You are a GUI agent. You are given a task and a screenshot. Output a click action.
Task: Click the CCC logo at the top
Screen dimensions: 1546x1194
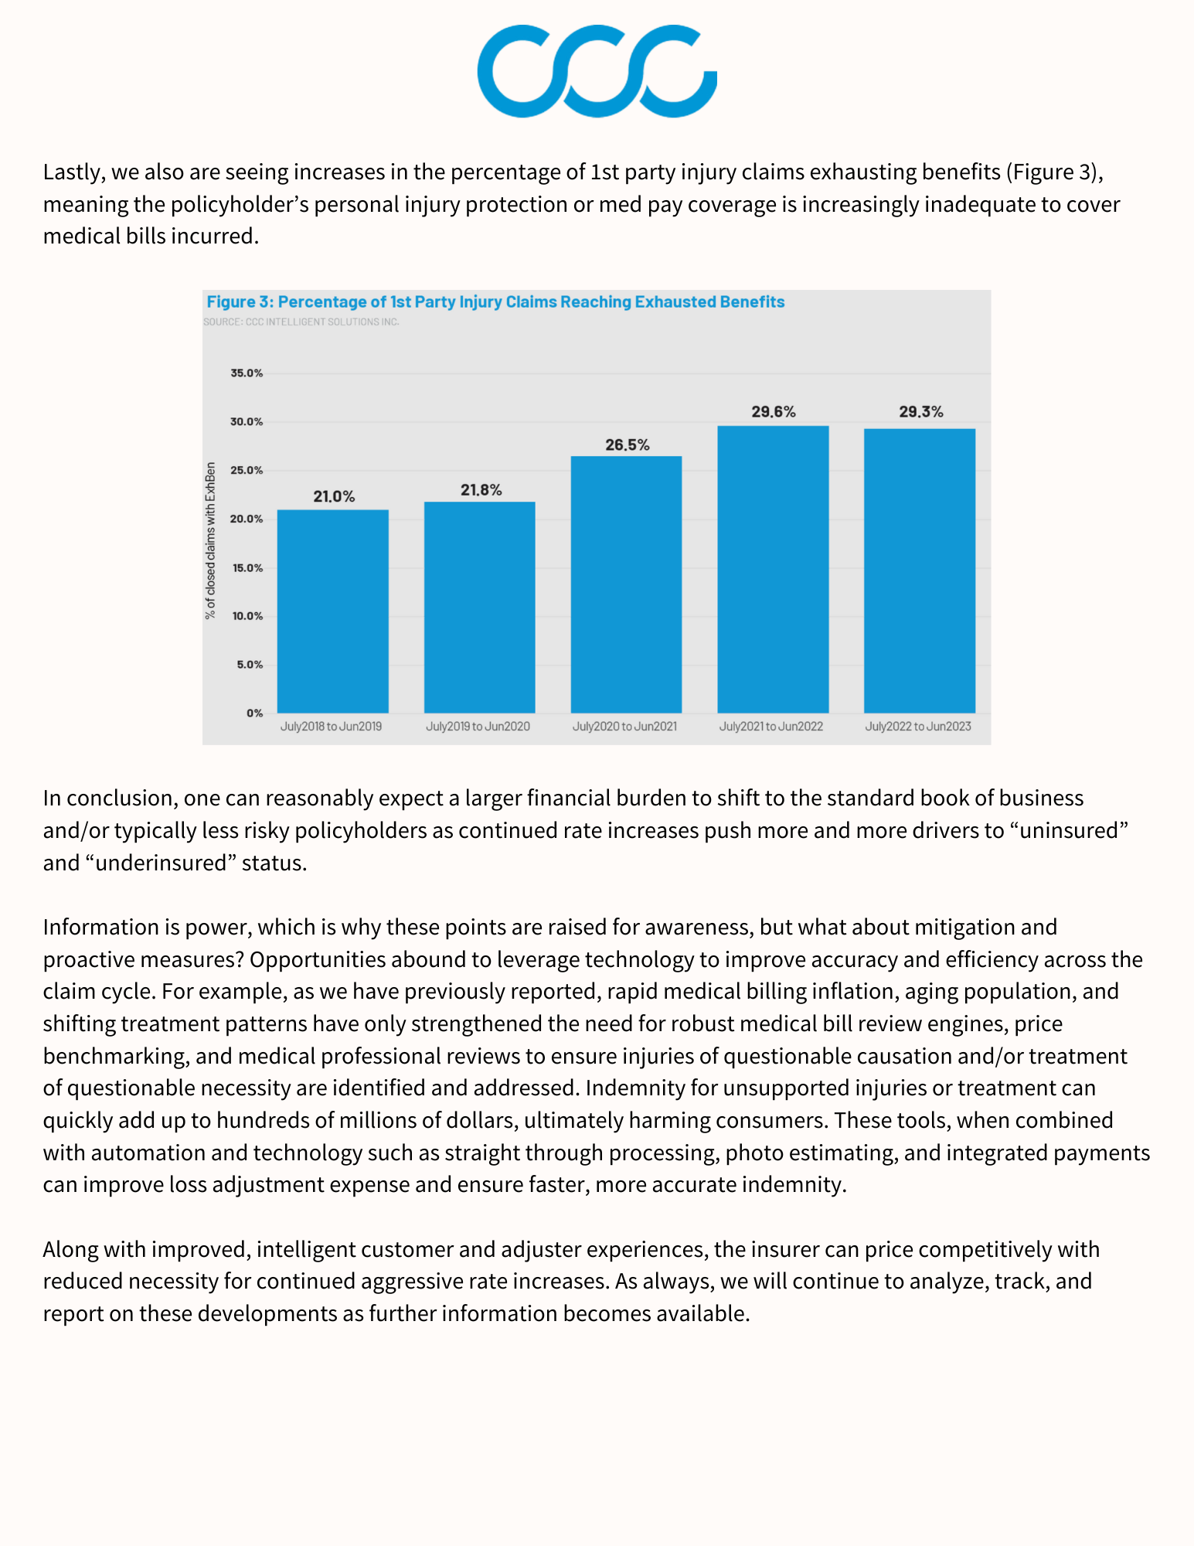point(597,71)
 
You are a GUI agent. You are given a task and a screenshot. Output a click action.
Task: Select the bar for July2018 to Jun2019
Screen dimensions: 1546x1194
point(332,611)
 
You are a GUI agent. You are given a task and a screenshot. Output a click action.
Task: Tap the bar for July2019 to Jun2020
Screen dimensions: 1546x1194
point(479,607)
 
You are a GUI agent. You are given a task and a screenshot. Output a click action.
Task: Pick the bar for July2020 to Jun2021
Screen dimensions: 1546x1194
point(626,584)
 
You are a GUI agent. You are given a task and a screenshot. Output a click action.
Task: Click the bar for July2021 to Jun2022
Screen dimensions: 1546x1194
point(773,569)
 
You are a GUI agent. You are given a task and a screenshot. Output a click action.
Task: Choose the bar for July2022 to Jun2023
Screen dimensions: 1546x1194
point(920,570)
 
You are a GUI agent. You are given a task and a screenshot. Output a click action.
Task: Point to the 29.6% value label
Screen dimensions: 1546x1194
point(774,412)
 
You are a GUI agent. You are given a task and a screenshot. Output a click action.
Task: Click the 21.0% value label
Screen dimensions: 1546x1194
point(334,497)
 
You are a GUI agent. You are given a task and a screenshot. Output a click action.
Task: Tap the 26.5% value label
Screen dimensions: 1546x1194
point(628,445)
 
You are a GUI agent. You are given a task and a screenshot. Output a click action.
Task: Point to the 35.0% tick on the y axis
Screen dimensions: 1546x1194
point(247,373)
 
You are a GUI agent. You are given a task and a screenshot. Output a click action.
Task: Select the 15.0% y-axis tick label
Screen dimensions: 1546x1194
point(247,568)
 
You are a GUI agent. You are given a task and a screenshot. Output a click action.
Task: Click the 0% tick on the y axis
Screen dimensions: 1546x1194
point(254,713)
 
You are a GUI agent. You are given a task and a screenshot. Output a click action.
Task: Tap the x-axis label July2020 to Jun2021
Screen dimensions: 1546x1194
point(624,727)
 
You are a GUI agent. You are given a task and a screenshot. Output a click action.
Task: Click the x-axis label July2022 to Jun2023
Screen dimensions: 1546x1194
point(918,727)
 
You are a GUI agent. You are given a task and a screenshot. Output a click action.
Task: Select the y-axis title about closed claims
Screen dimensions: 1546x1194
point(210,541)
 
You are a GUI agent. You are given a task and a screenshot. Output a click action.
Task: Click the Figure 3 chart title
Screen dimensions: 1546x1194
point(495,302)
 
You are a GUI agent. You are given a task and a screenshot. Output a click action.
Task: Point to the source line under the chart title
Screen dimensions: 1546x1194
point(301,322)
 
